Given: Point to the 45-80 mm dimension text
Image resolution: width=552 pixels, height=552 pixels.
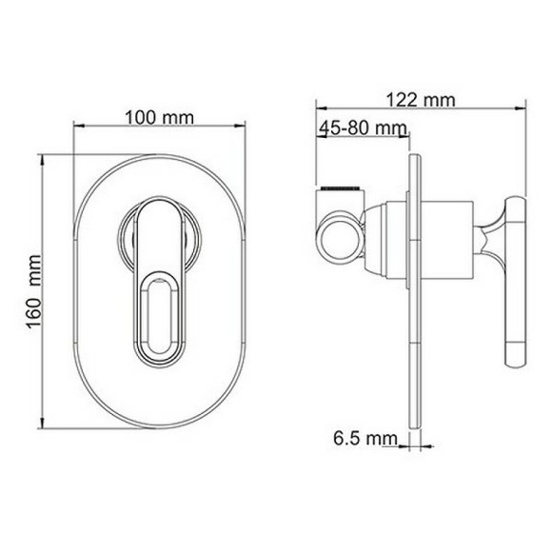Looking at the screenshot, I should point(363,128).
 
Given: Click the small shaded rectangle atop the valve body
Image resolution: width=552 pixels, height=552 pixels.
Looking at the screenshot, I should point(341,182).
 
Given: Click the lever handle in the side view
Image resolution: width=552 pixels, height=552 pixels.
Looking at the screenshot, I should point(515,282).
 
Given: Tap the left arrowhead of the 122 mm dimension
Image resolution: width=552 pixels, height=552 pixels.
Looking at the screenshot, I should point(320,110).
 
